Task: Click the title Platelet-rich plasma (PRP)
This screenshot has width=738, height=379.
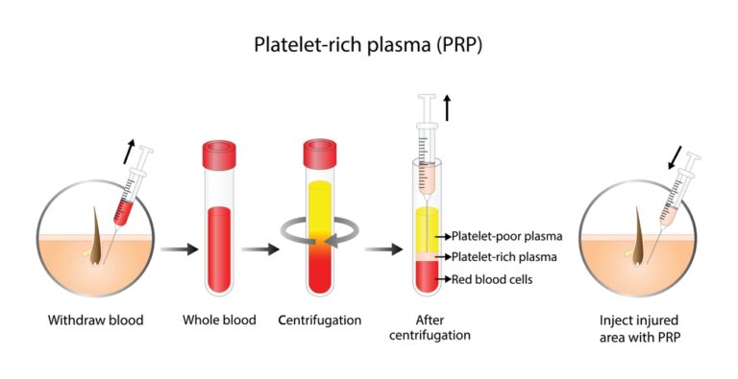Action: (x=369, y=45)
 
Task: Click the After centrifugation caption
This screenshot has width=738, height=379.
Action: (x=437, y=327)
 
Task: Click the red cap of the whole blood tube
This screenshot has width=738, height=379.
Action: (x=219, y=153)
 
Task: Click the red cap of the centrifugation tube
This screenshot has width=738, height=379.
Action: (x=319, y=153)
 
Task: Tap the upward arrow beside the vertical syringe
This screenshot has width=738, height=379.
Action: (x=448, y=107)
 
